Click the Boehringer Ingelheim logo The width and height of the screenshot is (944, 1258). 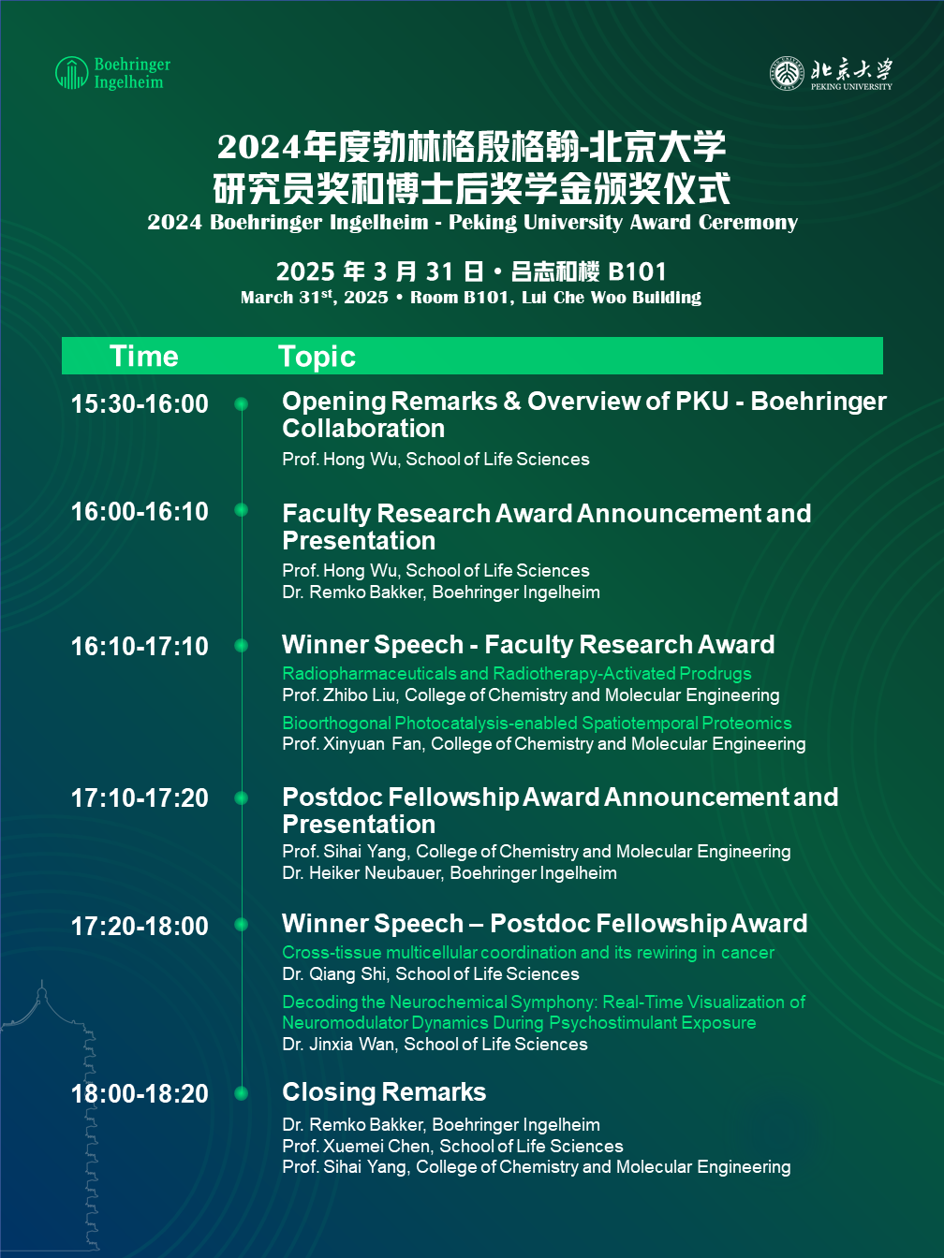pos(113,73)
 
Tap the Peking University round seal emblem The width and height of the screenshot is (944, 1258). pos(787,73)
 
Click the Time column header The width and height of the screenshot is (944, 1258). pos(144,356)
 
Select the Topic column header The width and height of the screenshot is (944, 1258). pos(317,357)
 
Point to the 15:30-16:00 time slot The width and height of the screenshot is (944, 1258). pos(140,404)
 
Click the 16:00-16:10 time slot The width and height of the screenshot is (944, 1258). pos(140,512)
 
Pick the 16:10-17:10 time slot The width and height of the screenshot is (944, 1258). pos(140,647)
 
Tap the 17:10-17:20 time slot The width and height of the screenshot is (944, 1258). pos(140,798)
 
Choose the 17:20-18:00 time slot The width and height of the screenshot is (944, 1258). pos(140,926)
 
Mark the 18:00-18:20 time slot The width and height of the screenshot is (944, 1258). pos(140,1093)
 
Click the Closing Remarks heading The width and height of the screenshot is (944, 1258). pos(384,1091)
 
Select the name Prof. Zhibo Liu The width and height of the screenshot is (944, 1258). pos(339,695)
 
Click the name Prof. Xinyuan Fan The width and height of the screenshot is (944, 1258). pos(352,744)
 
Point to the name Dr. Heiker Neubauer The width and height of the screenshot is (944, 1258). pos(361,873)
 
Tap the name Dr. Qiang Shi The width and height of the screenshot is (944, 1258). pos(334,974)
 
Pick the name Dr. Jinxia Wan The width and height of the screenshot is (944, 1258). pos(338,1045)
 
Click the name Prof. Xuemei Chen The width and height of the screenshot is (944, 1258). pos(356,1146)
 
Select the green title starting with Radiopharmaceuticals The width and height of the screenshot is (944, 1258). pos(516,673)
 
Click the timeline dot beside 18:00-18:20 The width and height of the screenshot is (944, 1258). pos(242,1093)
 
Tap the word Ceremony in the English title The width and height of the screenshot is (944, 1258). pos(748,223)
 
